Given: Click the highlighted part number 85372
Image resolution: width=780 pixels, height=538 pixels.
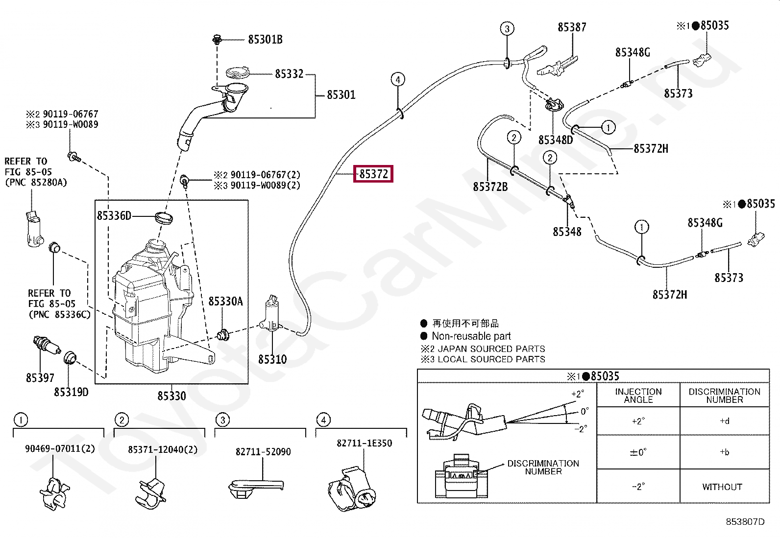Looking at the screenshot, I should [373, 174].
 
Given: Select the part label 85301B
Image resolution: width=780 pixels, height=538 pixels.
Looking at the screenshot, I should [265, 40].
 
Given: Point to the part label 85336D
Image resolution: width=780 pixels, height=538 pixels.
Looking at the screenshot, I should [114, 215].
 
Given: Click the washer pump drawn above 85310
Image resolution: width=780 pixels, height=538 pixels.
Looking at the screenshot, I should [271, 313].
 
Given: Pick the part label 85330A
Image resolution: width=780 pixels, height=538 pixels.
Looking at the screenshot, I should [225, 301].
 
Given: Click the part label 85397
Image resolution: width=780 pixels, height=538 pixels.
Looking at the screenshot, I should [40, 377].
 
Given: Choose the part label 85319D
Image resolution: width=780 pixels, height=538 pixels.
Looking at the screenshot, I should [71, 392].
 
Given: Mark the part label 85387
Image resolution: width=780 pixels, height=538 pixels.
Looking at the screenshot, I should [572, 27].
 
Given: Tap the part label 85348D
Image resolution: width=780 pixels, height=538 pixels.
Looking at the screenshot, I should [556, 140].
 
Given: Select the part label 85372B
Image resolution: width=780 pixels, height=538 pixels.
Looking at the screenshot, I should [490, 187].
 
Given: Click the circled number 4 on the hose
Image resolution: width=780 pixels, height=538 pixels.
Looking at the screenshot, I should [398, 79].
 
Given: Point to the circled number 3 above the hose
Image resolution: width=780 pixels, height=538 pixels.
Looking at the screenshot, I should [507, 29].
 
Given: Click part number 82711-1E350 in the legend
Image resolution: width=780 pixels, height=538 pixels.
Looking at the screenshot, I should [364, 443].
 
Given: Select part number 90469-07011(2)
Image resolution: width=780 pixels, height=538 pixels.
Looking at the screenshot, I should [60, 448].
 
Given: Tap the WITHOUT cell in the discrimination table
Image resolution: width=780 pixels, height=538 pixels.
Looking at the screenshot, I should [722, 487].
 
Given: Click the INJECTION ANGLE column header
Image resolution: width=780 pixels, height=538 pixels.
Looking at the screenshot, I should [638, 395].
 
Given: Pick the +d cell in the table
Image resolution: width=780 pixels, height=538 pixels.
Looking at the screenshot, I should [724, 421].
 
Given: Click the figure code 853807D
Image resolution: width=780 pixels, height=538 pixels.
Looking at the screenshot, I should [745, 522].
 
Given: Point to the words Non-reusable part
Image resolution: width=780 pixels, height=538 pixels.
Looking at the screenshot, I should [471, 336].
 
